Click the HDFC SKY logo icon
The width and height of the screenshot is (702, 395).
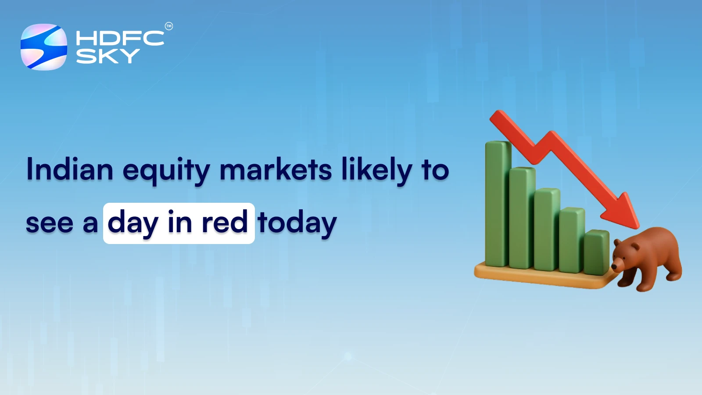pos(44,47)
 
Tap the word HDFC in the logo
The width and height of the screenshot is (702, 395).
pos(120,38)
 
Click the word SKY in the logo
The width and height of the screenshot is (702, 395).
pos(107,56)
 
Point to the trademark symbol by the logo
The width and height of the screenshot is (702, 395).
pos(169,26)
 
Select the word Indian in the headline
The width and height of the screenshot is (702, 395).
pos(70,169)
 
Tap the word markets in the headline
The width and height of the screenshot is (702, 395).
pos(276,169)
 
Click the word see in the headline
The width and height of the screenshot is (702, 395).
pos(49,223)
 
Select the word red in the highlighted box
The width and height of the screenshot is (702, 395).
pos(225,223)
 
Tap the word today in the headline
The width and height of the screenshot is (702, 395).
pos(297,223)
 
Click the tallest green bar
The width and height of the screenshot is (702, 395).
pos(498,204)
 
